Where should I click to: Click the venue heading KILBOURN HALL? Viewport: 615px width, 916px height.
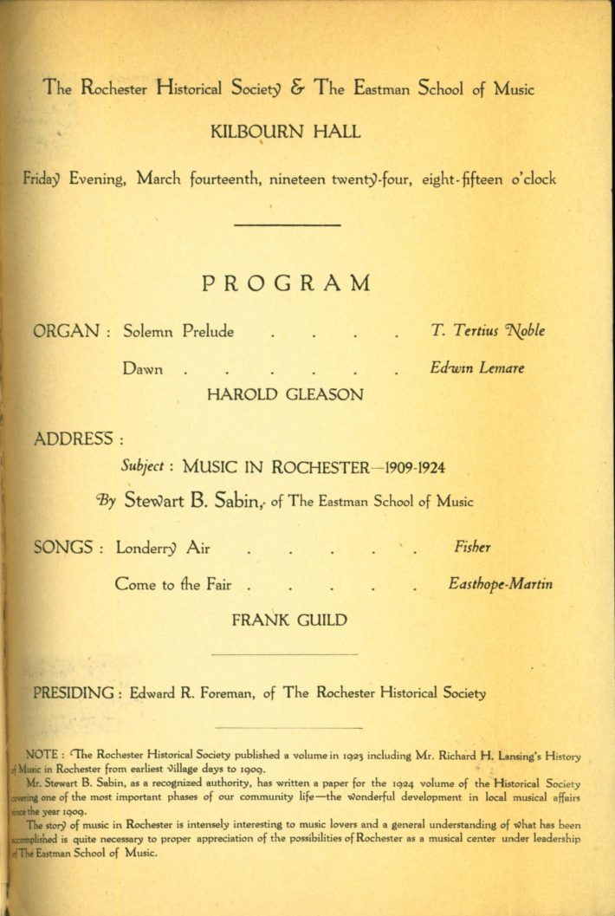coord(286,133)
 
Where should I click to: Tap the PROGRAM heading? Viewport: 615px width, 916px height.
coord(286,283)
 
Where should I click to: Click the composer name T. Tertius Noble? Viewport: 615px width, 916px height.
coord(490,331)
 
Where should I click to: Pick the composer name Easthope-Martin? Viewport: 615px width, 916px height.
coord(500,584)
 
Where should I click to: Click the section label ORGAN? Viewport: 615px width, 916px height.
coord(68,331)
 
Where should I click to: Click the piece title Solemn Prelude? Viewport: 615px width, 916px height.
coord(178,332)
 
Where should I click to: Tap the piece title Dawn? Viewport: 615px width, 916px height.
coord(143,369)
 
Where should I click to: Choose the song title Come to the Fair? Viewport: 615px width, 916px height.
coord(172,585)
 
